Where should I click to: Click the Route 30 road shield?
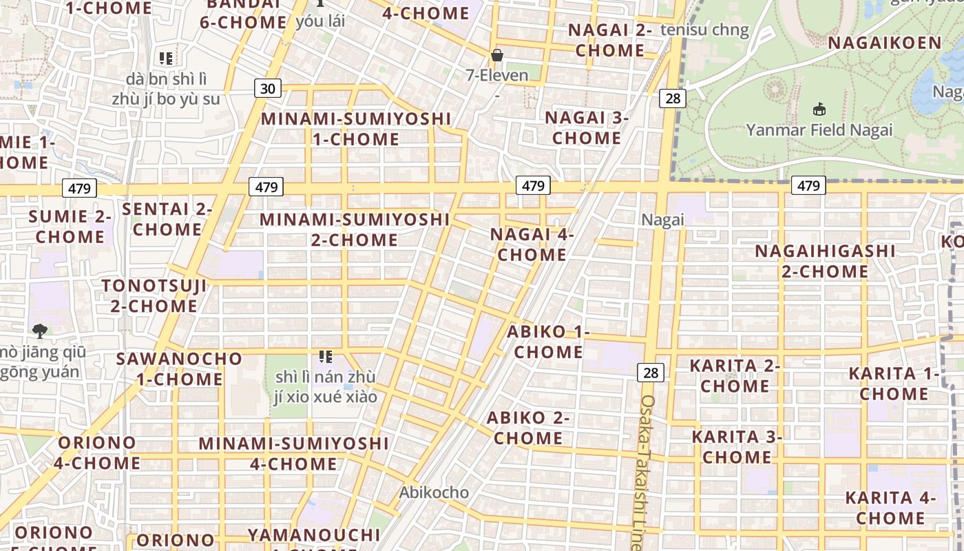tap(268, 88)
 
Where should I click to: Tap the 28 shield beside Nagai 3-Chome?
tap(672, 98)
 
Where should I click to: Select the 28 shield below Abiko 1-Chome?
tap(650, 373)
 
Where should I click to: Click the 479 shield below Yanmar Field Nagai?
tap(808, 185)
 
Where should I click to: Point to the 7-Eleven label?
tap(497, 75)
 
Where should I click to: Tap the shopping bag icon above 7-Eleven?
tap(497, 55)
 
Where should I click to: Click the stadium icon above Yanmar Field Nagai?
tap(819, 109)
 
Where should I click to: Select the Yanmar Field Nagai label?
tap(819, 129)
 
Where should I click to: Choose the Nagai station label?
tap(662, 220)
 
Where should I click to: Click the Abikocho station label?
tap(434, 492)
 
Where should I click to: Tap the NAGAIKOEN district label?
tap(884, 43)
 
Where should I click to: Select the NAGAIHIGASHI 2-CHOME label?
tap(825, 261)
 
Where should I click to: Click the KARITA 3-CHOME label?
tap(737, 446)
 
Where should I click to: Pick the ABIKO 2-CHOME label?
tap(528, 428)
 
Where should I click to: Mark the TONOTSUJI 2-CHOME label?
tap(154, 295)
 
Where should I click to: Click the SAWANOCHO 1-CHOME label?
tap(179, 368)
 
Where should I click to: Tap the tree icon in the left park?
tap(40, 331)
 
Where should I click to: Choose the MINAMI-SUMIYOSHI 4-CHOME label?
tap(294, 453)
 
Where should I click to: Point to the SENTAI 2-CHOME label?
tap(167, 219)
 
